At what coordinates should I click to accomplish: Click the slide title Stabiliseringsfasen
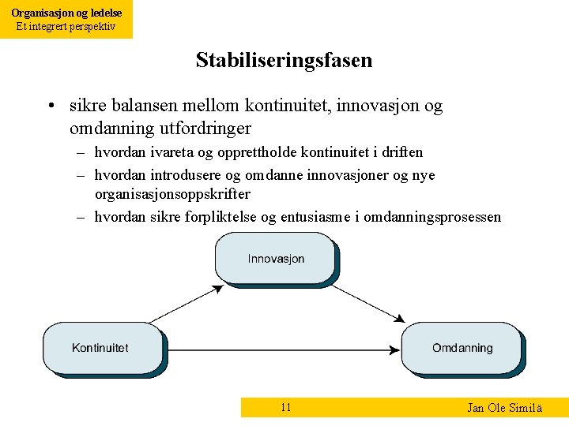point(284,60)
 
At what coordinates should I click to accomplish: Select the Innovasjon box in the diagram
point(276,259)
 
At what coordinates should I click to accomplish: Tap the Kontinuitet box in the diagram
point(100,347)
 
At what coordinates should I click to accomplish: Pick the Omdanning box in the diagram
point(462,347)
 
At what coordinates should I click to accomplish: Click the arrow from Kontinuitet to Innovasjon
point(187,304)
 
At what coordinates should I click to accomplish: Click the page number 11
point(286,407)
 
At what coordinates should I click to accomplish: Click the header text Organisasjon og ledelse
point(66,13)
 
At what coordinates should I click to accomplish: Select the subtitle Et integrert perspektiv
point(66,26)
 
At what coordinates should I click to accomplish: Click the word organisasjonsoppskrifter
point(172,193)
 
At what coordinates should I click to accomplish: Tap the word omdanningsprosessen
point(433,217)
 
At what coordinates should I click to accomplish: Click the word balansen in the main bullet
point(140,106)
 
